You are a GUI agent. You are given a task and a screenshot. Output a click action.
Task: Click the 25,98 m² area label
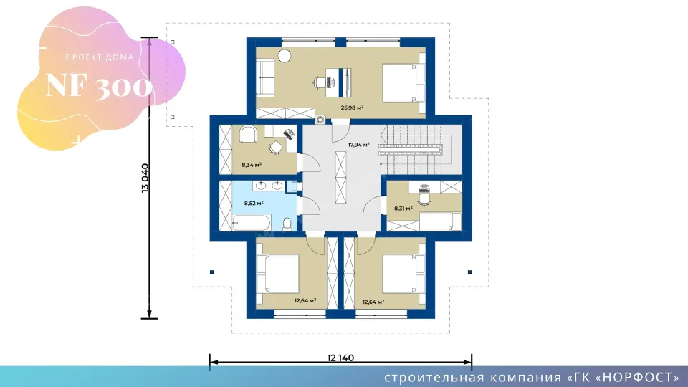[x=352, y=107]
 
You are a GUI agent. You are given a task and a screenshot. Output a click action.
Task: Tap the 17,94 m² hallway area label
[x=359, y=144]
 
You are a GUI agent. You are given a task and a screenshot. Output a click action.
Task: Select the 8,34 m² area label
[x=252, y=165]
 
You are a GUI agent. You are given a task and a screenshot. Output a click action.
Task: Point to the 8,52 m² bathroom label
[x=254, y=203]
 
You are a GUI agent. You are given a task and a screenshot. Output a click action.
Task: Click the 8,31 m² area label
[x=403, y=209]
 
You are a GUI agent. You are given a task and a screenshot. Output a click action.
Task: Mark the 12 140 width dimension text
[x=340, y=358]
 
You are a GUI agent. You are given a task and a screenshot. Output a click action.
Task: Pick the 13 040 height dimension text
[x=145, y=178]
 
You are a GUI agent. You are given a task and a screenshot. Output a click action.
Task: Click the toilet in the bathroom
[x=287, y=224]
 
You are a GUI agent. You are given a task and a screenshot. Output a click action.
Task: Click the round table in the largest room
[x=285, y=55]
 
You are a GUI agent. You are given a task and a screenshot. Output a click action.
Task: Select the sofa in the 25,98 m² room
[x=264, y=78]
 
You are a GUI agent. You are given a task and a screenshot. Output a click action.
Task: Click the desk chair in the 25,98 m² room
[x=320, y=83]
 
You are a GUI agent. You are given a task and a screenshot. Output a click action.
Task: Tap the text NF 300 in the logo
[x=99, y=87]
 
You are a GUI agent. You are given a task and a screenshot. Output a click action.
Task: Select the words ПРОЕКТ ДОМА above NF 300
[x=99, y=57]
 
